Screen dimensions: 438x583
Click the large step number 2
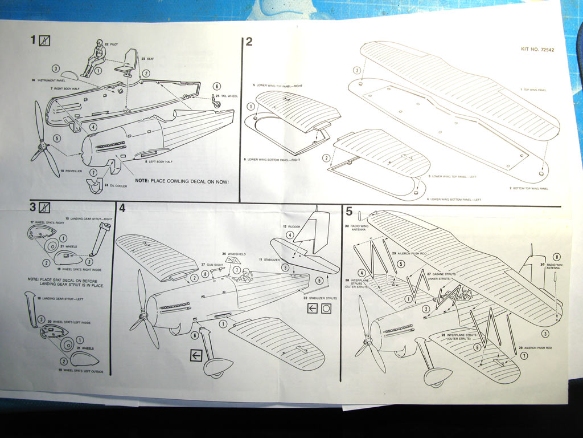[249, 41]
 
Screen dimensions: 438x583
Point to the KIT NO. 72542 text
[537, 49]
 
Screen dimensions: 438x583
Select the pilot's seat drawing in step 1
[129, 62]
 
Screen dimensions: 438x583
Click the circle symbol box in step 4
[326, 309]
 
